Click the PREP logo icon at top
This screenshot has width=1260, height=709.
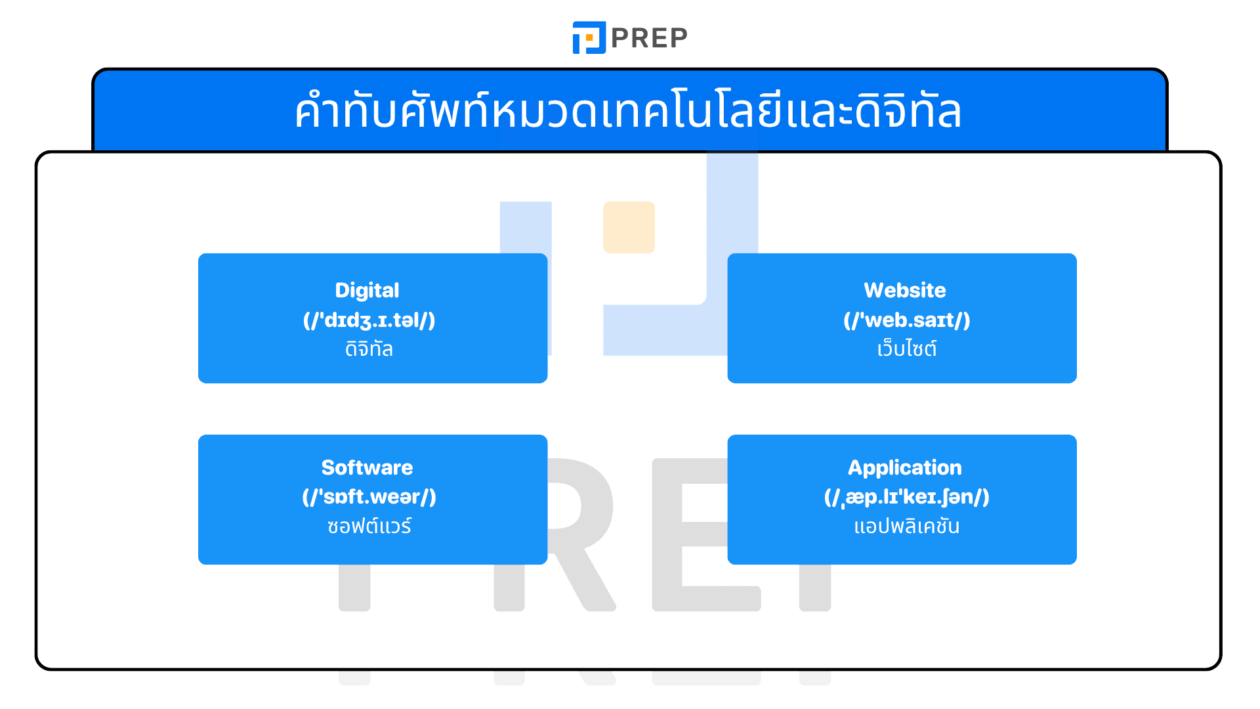click(589, 37)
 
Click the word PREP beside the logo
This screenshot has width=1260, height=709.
click(649, 38)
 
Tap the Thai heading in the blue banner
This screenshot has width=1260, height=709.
click(628, 111)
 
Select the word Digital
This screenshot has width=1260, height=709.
click(367, 290)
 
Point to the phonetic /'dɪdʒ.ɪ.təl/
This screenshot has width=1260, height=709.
click(369, 320)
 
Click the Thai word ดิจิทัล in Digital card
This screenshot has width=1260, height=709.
click(369, 349)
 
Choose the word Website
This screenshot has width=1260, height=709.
click(904, 290)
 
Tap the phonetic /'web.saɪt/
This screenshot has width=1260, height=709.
click(906, 320)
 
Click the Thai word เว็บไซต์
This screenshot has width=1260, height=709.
click(906, 349)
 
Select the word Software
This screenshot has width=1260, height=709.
click(367, 467)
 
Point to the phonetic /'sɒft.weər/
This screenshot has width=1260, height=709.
click(369, 496)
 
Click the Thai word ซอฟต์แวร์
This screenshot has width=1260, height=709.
click(369, 526)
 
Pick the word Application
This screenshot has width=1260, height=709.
click(904, 467)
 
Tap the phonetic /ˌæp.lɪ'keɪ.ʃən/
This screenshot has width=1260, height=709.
click(906, 496)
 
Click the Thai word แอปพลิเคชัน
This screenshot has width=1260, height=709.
click(906, 526)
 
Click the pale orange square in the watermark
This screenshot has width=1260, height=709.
click(629, 227)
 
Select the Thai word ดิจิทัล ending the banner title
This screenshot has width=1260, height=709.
click(909, 111)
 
